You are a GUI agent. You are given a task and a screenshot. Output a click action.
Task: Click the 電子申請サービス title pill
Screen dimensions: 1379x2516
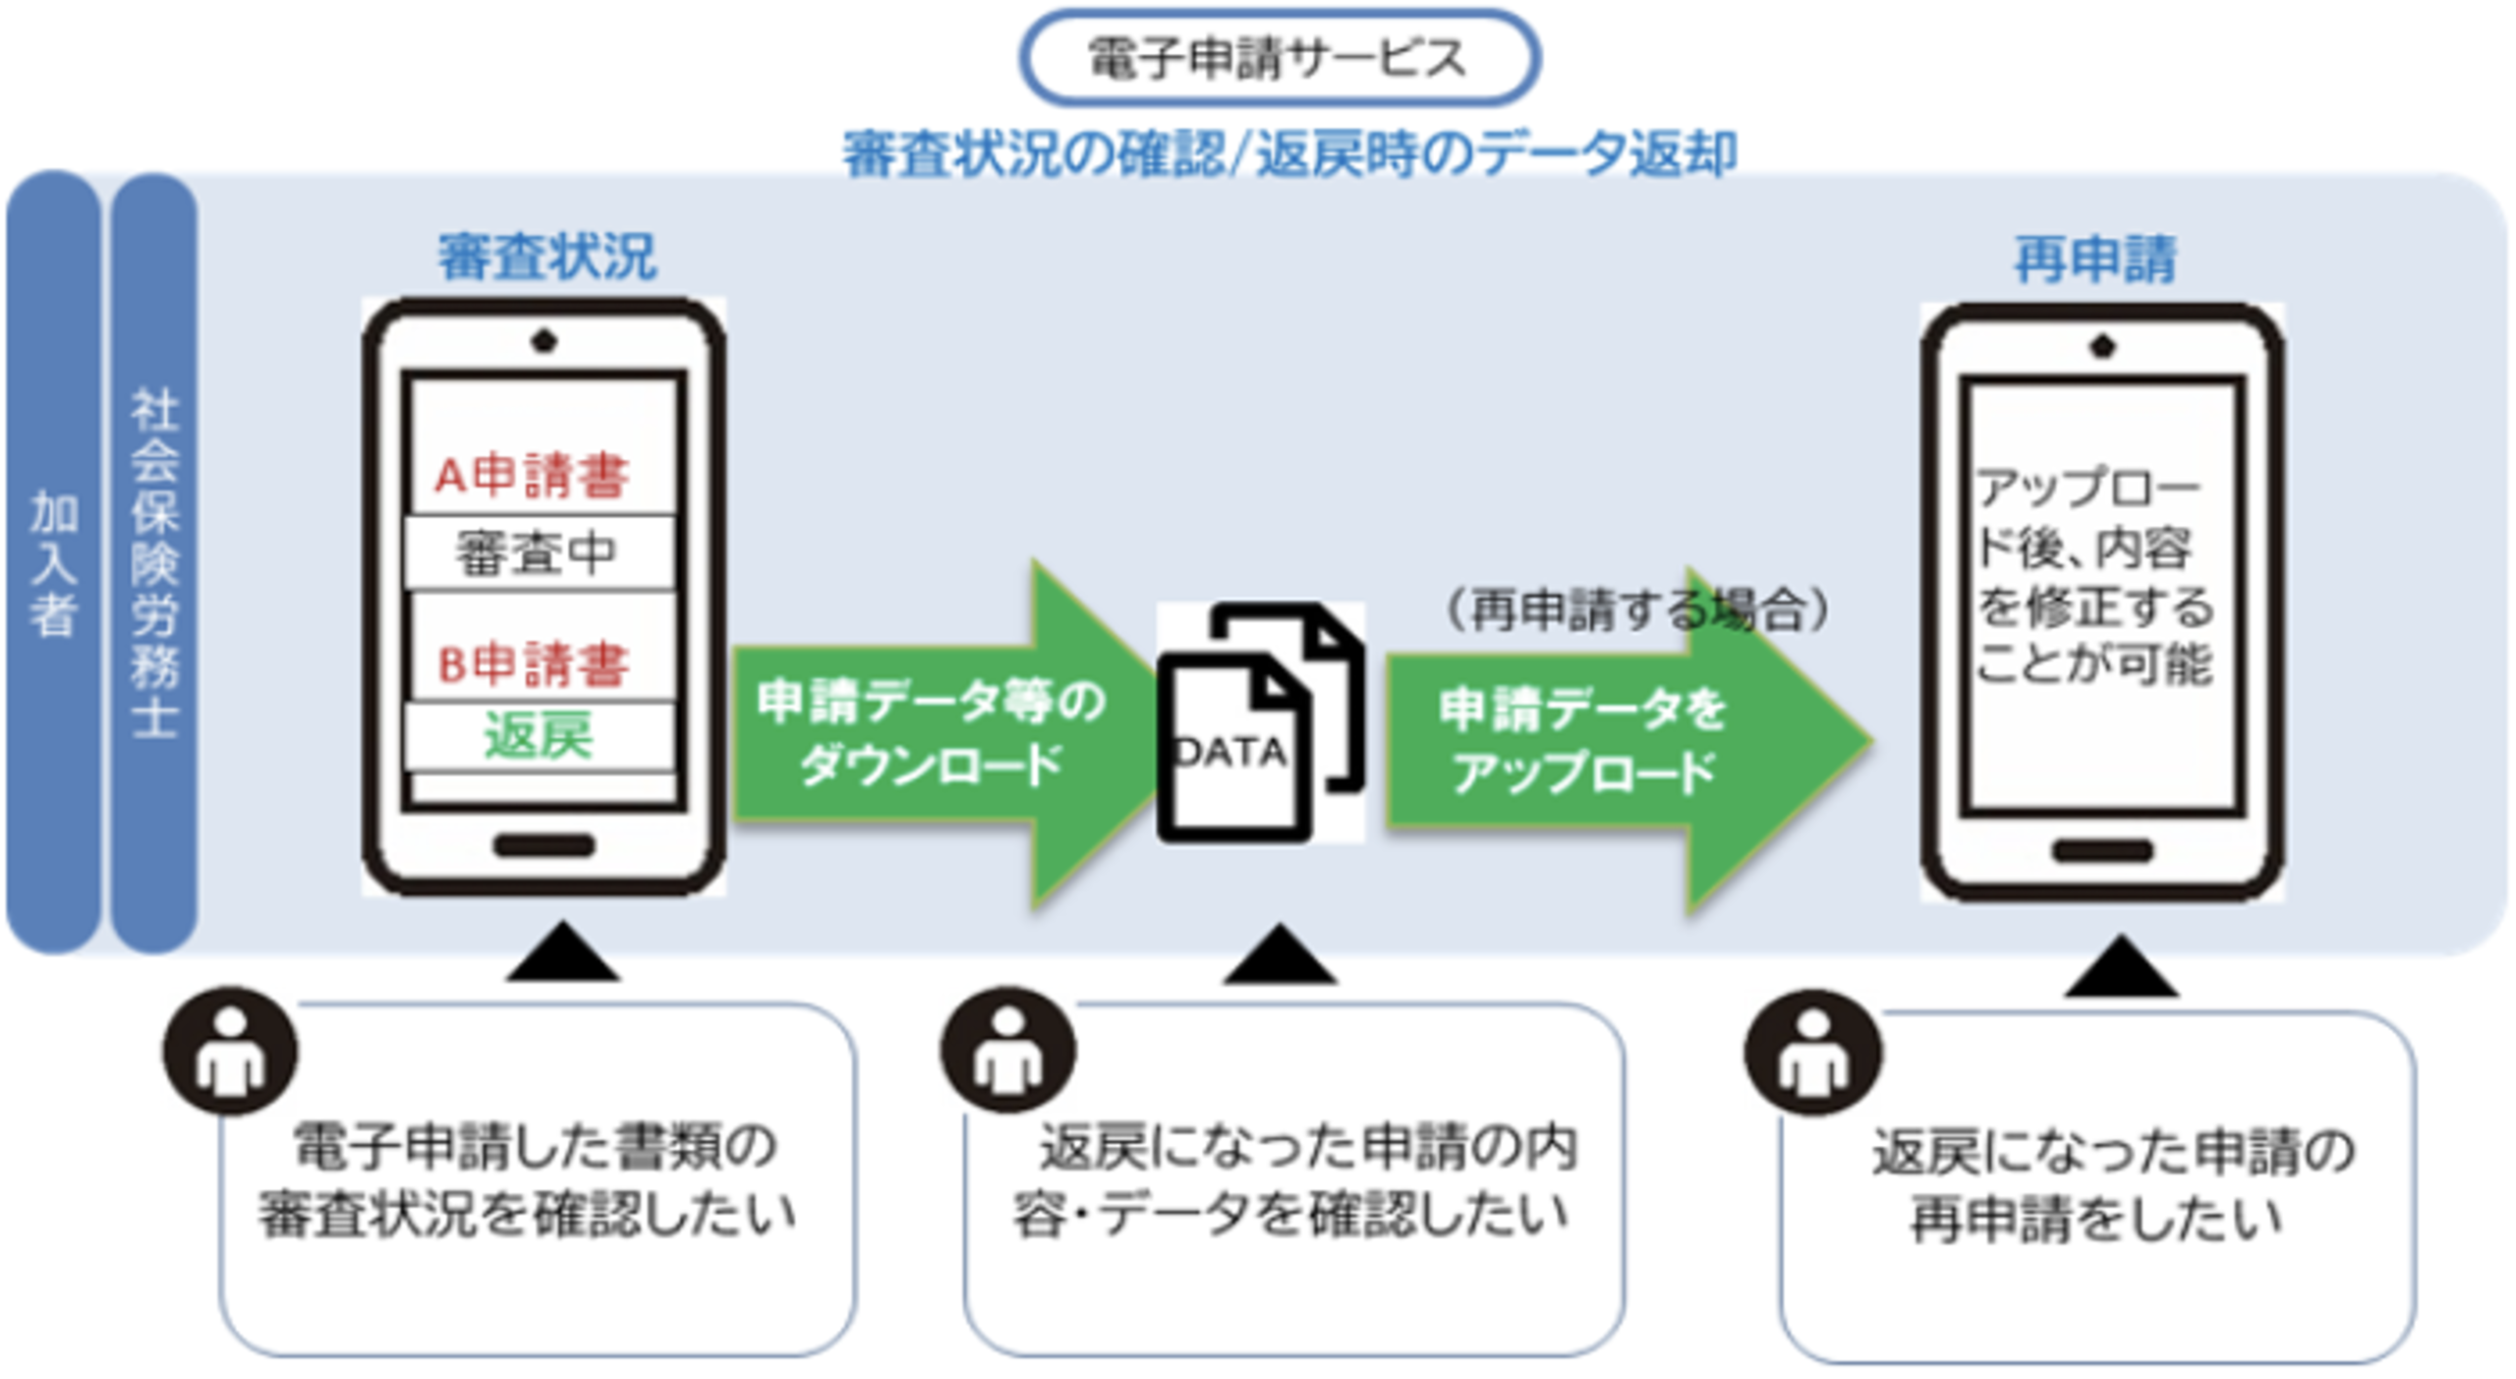coord(1279,57)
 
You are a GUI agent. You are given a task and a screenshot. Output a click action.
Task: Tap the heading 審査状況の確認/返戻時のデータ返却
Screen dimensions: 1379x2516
coord(1289,153)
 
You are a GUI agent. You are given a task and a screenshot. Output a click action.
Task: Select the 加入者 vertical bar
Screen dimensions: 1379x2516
coord(53,562)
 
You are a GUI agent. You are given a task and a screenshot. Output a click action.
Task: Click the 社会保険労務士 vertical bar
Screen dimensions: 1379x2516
coord(154,562)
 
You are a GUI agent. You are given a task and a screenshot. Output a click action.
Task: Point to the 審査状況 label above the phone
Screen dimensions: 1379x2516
coord(546,258)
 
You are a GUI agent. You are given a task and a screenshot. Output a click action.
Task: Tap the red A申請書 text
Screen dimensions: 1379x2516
coord(532,476)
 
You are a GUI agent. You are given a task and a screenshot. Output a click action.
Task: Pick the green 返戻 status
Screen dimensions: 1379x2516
coord(539,735)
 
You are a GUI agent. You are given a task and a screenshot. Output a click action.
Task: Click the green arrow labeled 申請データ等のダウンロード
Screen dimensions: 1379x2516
coord(934,733)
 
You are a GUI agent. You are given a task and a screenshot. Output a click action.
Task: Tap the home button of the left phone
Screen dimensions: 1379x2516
coord(543,845)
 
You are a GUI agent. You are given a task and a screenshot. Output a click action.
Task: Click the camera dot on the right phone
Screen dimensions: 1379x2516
coord(2101,346)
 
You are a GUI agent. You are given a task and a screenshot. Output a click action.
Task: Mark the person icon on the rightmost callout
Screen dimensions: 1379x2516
coord(1812,1054)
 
